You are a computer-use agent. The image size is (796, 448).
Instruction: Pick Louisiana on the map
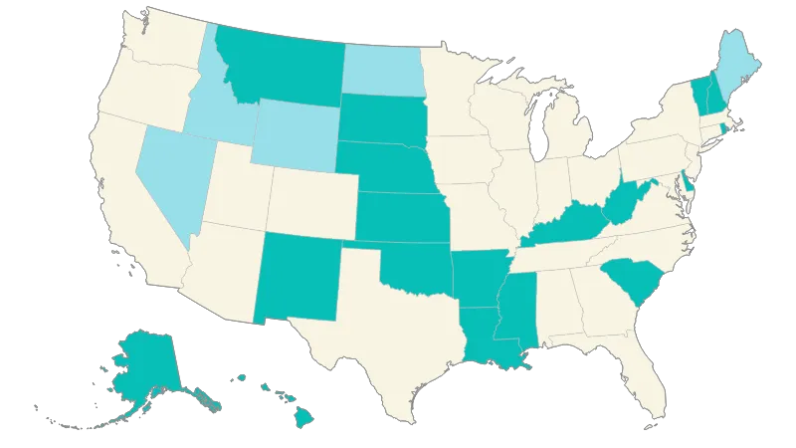point(488,334)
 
